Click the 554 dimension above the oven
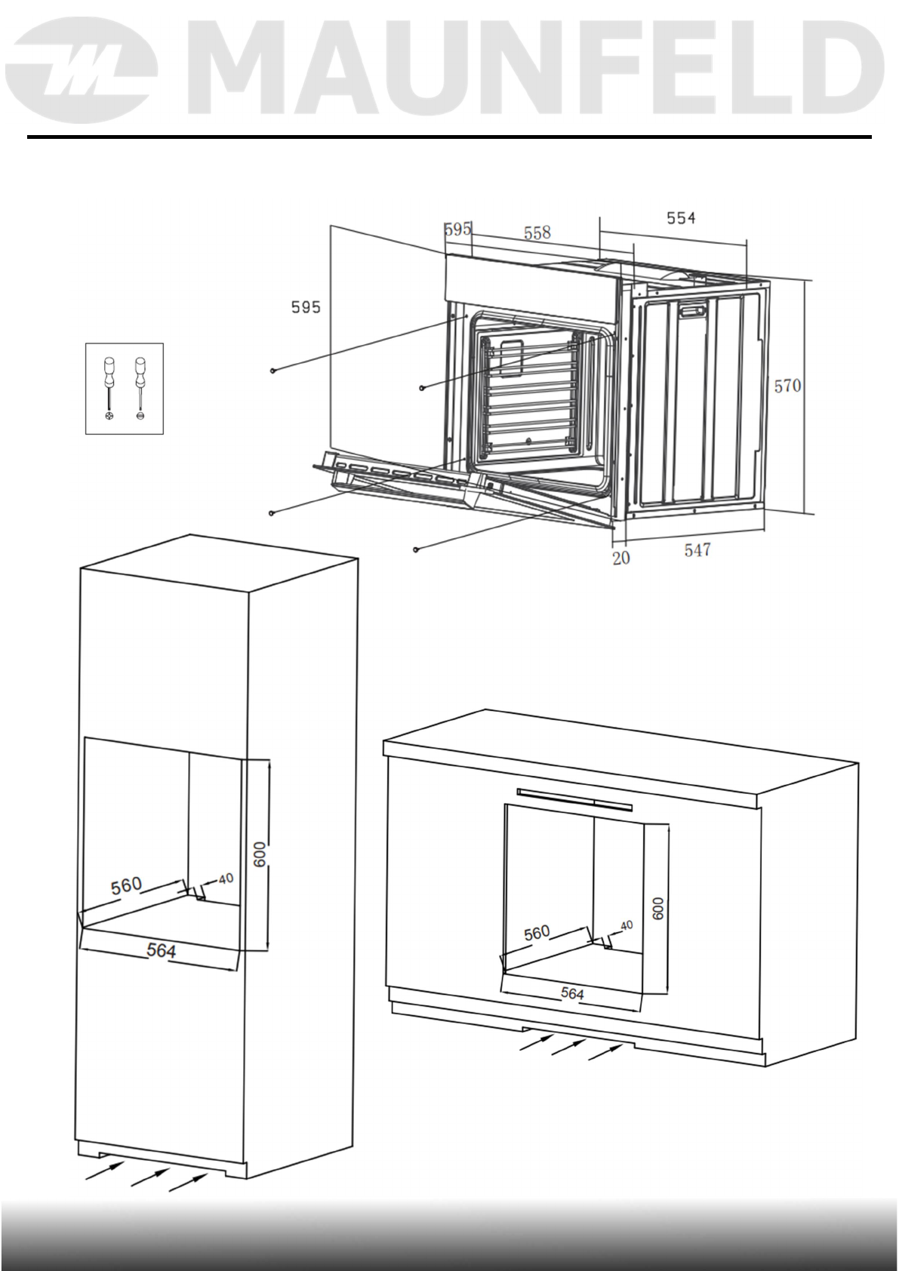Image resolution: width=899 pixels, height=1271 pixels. click(680, 218)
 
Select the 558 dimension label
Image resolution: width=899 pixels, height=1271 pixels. click(537, 232)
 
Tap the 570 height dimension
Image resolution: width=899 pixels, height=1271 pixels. click(787, 386)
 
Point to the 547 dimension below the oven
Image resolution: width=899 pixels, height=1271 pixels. click(697, 550)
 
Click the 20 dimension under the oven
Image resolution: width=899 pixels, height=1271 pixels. click(620, 559)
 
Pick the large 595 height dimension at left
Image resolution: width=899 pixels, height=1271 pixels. click(306, 306)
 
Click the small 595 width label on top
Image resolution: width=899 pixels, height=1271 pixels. click(457, 229)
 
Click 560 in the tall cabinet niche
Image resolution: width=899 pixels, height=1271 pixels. click(126, 885)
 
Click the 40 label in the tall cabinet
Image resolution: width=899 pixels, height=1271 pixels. click(226, 879)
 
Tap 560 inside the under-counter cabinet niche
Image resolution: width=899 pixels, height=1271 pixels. click(537, 933)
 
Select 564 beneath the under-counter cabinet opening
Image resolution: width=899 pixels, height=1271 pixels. click(572, 994)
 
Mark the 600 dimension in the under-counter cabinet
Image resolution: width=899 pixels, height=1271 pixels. click(658, 907)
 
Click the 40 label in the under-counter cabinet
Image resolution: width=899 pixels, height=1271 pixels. click(627, 925)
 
